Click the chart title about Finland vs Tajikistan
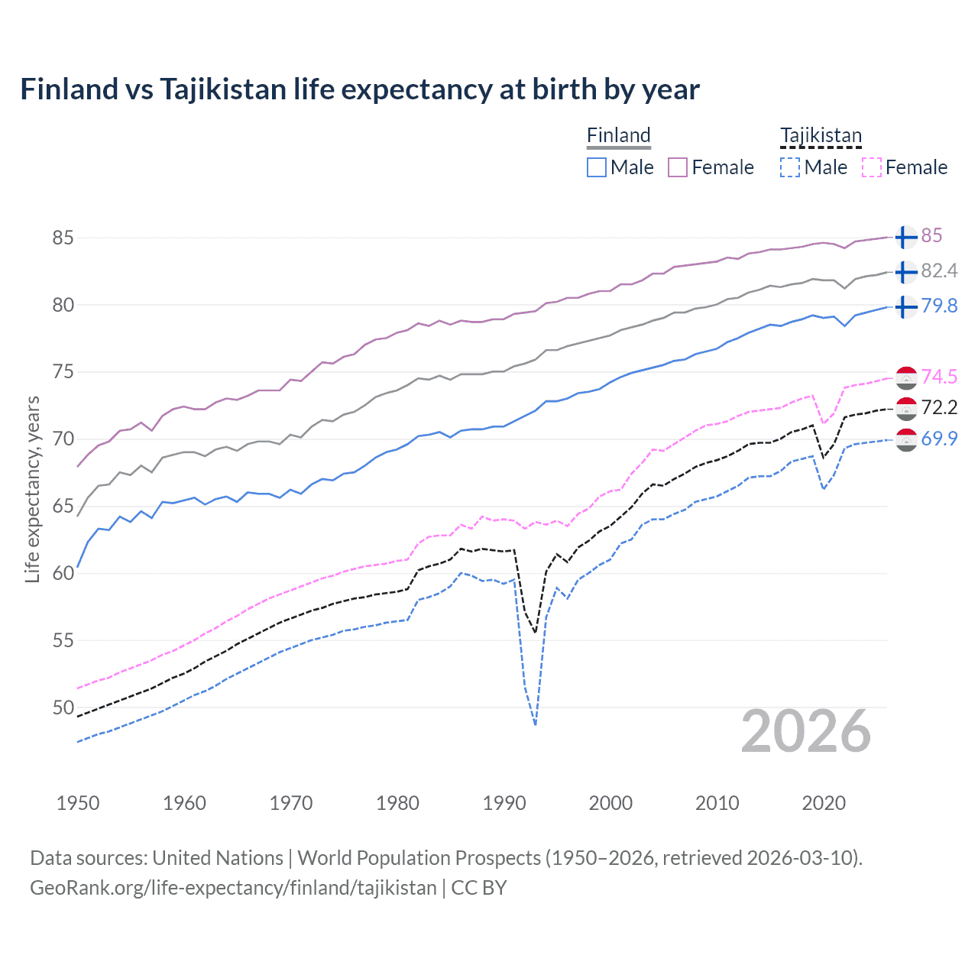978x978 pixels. coord(359,89)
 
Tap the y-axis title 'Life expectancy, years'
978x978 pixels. coord(32,490)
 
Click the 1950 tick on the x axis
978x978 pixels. coord(78,803)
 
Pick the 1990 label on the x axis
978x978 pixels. coord(504,803)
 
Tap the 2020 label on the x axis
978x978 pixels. coord(824,803)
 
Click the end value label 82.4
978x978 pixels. coord(939,271)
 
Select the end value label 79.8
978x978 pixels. coord(939,306)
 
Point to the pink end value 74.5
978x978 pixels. coord(939,377)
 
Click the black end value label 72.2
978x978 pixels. coord(939,408)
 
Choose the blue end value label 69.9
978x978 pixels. coord(939,439)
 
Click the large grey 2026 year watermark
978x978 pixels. coord(806,731)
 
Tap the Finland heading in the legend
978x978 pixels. coord(618,135)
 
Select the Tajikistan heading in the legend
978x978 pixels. coord(821,135)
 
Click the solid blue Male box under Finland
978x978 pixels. coord(597,167)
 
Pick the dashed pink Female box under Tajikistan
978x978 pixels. coord(872,167)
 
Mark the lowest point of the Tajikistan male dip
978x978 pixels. coord(536,724)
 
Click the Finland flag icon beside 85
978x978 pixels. coord(905,238)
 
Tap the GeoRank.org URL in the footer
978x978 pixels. coord(233,888)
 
